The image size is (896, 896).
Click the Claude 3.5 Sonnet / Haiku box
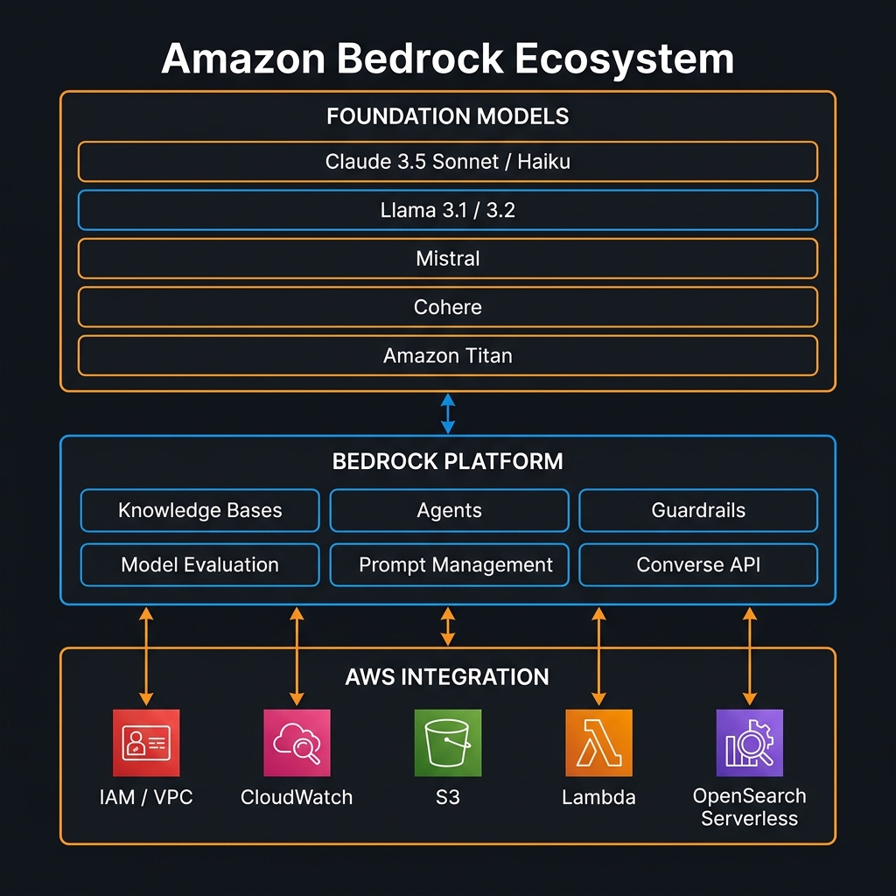(447, 162)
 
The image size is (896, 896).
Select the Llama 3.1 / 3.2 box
(447, 210)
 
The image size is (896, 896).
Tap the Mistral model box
(447, 259)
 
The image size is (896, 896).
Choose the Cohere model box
(447, 307)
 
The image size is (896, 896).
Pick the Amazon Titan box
(447, 356)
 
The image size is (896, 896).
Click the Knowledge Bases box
(199, 511)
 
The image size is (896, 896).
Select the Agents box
(449, 511)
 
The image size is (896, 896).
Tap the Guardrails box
(698, 511)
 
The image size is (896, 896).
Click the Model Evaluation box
(199, 565)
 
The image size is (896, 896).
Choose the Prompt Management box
(449, 565)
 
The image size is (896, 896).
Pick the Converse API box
(698, 565)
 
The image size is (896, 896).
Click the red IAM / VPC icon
(146, 743)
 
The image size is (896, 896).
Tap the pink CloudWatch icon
(297, 743)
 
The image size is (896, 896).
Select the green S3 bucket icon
(448, 743)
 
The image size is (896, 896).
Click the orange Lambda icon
(598, 743)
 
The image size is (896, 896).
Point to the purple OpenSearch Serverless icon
(749, 743)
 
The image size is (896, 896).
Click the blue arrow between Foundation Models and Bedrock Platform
(448, 413)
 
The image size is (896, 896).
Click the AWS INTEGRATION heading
(447, 677)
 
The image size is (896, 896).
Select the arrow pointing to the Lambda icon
(598, 656)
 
